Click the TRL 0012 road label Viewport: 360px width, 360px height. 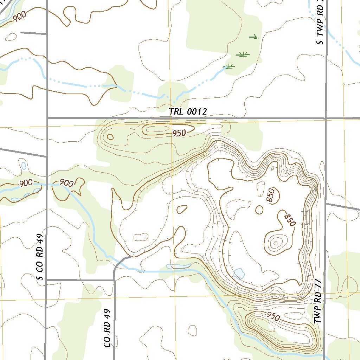coord(188,112)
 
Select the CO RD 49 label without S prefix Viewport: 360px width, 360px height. coord(108,328)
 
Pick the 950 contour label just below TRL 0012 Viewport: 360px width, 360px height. coord(179,133)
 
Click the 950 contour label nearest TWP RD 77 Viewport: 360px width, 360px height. coord(273,316)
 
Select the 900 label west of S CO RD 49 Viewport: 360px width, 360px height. coord(26,183)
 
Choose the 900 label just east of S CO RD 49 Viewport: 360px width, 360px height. coord(66,183)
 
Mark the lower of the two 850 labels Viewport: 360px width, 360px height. coord(290,219)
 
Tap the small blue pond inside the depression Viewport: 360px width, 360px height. coord(239,273)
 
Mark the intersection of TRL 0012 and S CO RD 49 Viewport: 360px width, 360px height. coord(47,118)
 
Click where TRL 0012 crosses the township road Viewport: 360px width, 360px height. coord(326,118)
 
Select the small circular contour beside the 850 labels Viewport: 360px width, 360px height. coord(259,210)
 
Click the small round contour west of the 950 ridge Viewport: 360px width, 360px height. coord(110,137)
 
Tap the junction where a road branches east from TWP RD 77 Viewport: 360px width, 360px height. coord(326,204)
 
